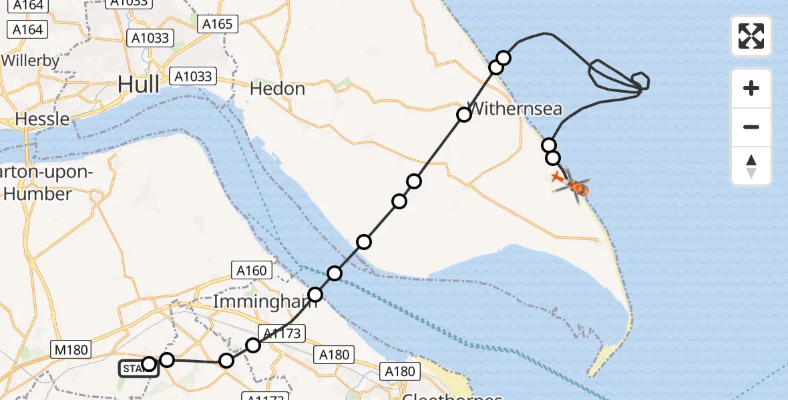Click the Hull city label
click(139, 85)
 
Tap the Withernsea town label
click(516, 109)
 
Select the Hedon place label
click(277, 89)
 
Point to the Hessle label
click(42, 119)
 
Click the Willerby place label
click(30, 61)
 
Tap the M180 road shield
click(69, 349)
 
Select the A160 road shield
click(251, 271)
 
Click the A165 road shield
click(218, 24)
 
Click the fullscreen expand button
click(751, 36)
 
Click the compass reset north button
click(751, 166)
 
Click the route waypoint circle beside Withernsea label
click(464, 115)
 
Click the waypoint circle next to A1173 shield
click(253, 345)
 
